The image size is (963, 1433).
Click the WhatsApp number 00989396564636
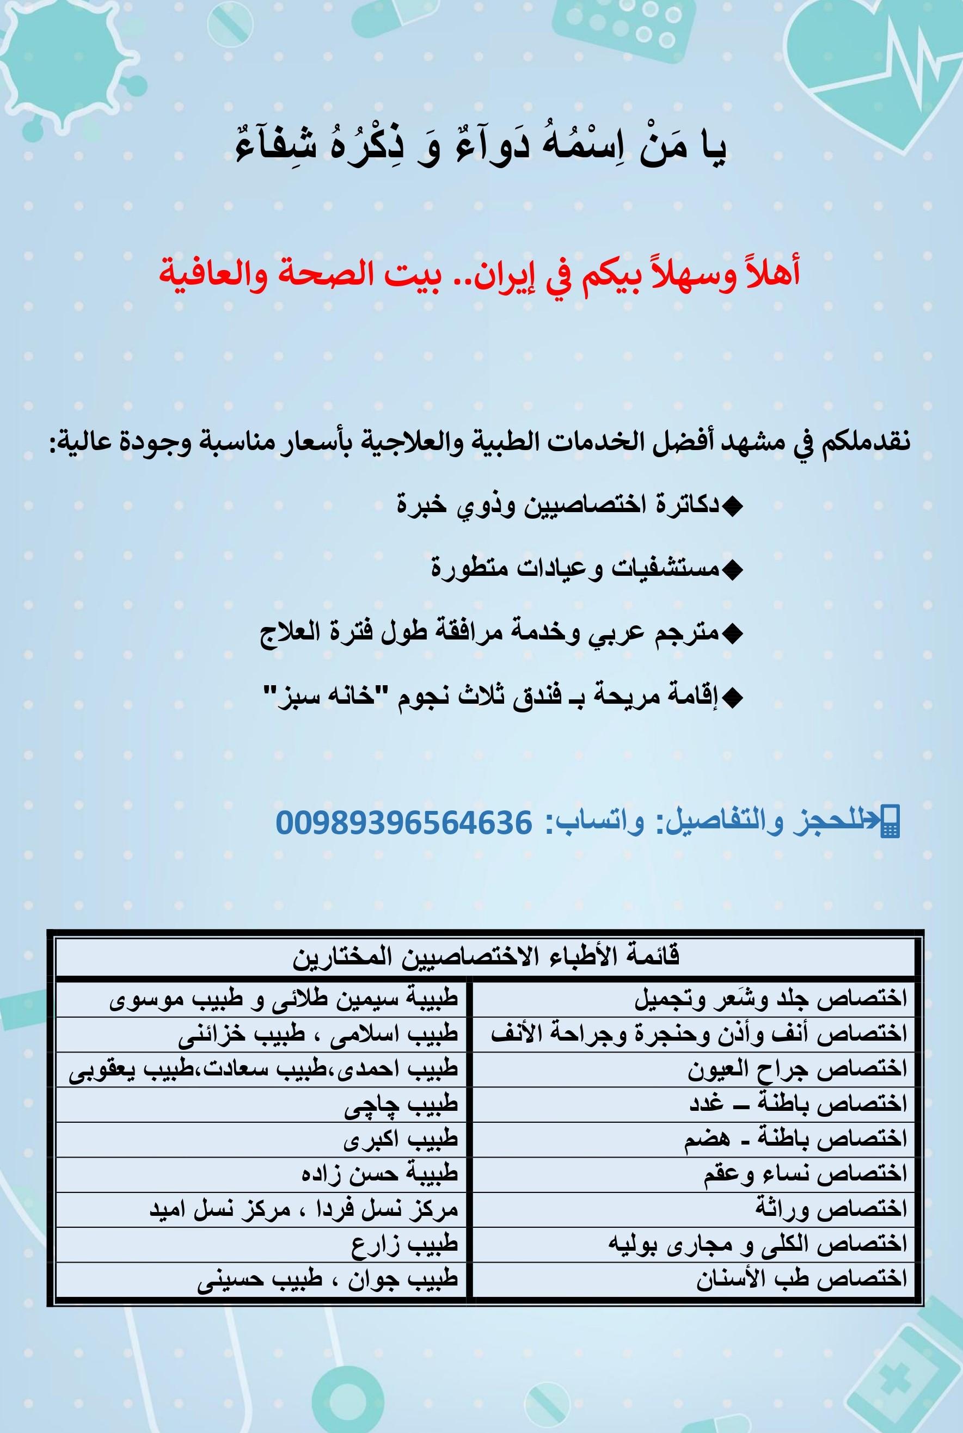point(403,821)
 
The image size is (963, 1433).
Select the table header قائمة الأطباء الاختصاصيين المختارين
point(486,957)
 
